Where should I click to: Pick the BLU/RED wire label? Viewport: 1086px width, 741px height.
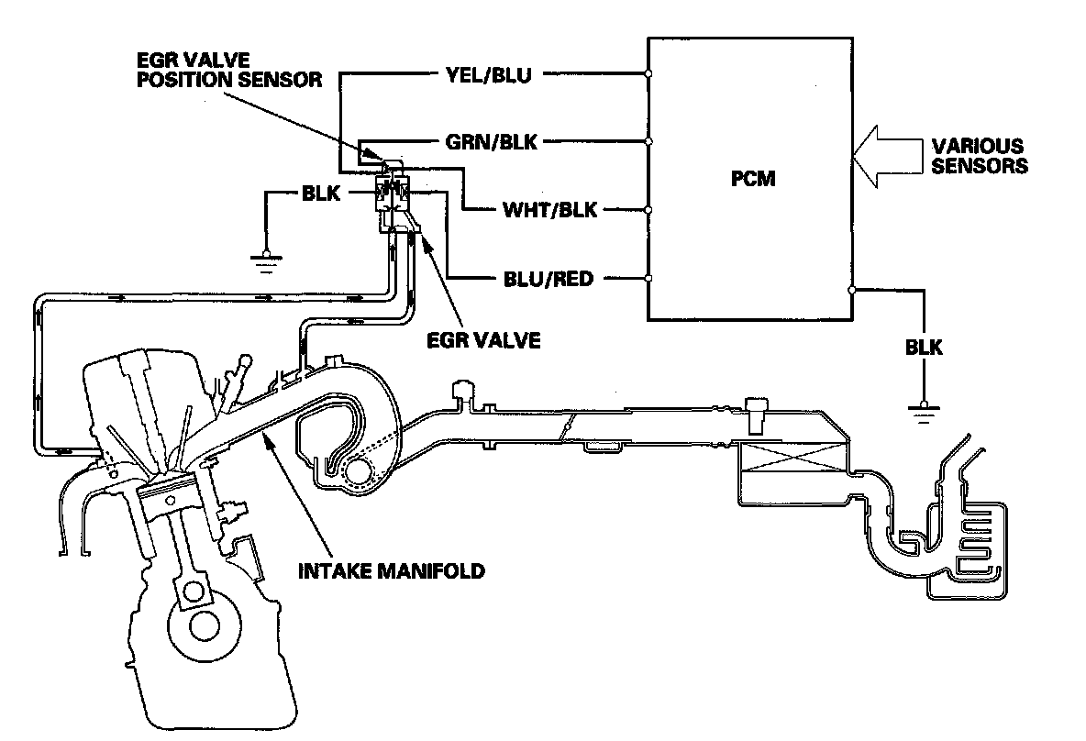click(x=547, y=279)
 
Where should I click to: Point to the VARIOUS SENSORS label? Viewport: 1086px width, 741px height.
click(x=979, y=156)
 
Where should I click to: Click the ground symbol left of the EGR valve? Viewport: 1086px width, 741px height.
click(x=266, y=260)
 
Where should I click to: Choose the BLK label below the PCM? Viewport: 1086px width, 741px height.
click(x=924, y=348)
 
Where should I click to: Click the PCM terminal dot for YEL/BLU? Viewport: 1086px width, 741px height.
click(x=648, y=74)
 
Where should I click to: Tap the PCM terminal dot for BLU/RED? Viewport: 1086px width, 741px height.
click(x=648, y=279)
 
